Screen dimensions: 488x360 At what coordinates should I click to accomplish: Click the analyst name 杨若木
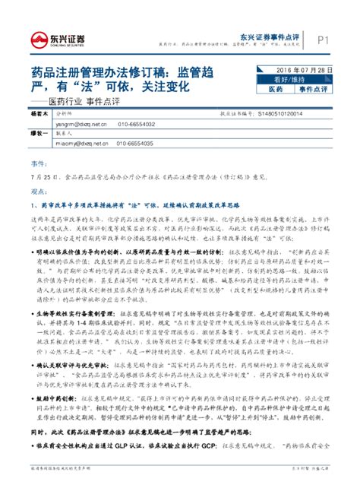coord(39,112)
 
